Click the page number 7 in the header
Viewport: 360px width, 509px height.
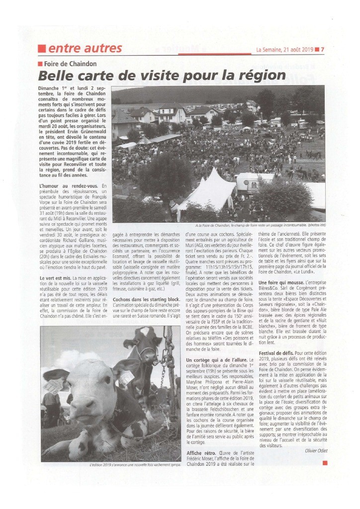tap(322, 50)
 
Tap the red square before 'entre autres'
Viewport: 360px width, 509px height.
tap(42, 49)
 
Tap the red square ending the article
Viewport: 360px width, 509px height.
tap(325, 463)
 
